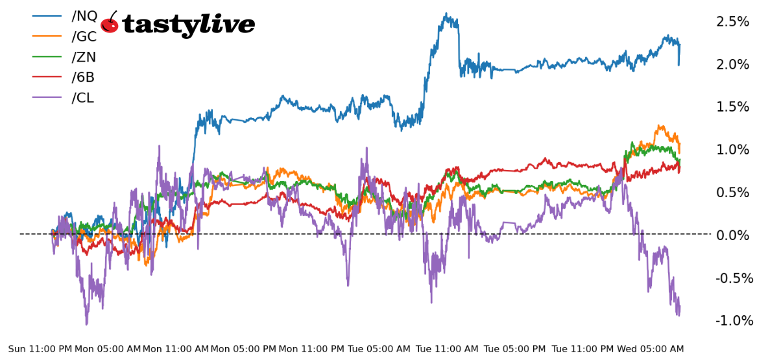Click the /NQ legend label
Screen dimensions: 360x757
[x=84, y=16]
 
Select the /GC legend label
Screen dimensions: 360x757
[x=84, y=36]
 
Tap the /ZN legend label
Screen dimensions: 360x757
[x=84, y=57]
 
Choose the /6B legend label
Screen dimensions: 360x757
[x=83, y=77]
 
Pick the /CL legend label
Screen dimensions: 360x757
[x=83, y=98]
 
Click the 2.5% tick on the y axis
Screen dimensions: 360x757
[x=732, y=21]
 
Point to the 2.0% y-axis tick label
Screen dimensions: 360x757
[x=732, y=64]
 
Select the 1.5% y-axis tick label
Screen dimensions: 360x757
[x=732, y=107]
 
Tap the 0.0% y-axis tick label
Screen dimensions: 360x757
[x=732, y=235]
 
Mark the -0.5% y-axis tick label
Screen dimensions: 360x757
[x=734, y=278]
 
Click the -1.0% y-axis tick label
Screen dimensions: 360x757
[x=734, y=320]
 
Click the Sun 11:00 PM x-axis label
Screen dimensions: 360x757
[x=40, y=349]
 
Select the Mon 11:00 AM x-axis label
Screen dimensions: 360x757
[x=176, y=349]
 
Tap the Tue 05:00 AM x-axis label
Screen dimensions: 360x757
[x=379, y=349]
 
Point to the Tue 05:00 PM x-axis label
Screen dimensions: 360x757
[x=515, y=349]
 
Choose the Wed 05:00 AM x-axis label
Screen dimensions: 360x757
[x=650, y=349]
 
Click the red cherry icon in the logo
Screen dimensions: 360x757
[x=110, y=23]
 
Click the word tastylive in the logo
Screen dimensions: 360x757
[x=188, y=25]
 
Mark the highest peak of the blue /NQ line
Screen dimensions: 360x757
[x=446, y=14]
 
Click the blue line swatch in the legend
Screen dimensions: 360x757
[x=47, y=16]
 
